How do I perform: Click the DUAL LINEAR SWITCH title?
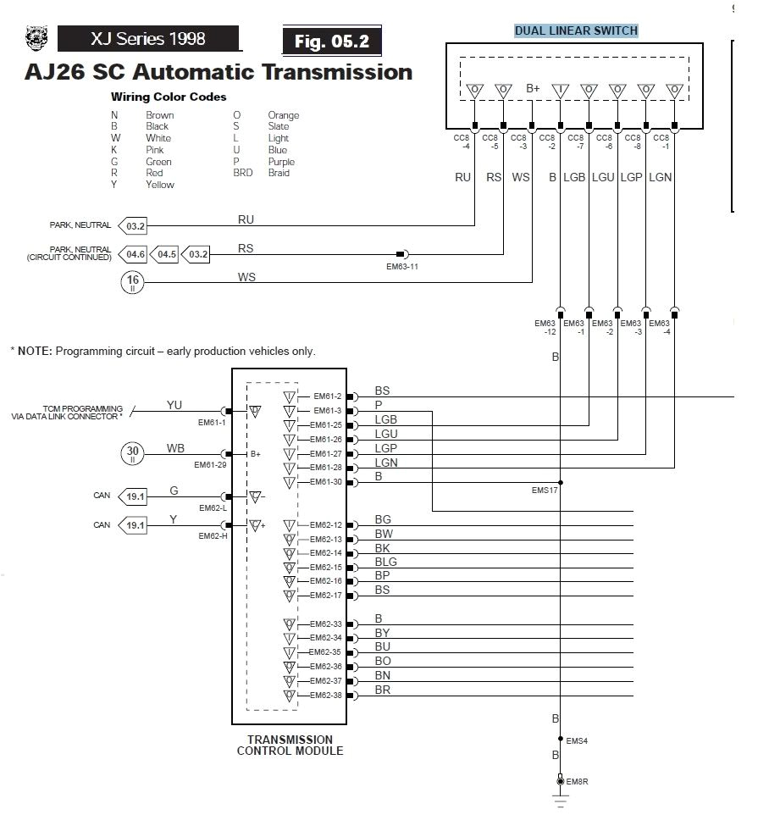576,30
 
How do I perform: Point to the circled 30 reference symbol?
132,453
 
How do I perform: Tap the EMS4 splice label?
576,740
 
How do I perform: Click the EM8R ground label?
576,781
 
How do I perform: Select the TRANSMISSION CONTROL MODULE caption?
290,745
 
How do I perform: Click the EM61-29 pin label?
209,464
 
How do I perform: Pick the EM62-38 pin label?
325,696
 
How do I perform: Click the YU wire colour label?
174,405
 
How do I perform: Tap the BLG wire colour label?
385,562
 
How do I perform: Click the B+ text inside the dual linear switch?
533,88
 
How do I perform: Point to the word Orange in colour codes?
283,115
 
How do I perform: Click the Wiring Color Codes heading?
169,97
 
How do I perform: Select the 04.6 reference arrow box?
135,254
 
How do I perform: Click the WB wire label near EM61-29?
175,447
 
